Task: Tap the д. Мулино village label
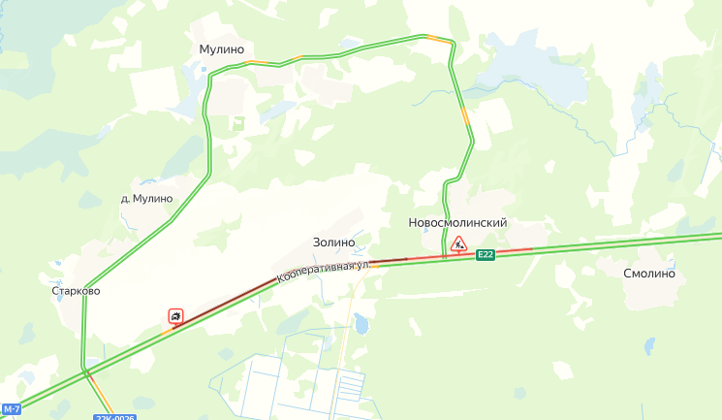pos(146,199)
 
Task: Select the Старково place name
pos(76,290)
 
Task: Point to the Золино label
pos(333,242)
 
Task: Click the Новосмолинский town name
pos(458,223)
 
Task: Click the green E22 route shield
pos(486,255)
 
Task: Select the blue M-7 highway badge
pos(11,409)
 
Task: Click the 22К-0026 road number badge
pos(115,417)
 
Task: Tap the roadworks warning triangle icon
pos(458,242)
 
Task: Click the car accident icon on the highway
pos(175,315)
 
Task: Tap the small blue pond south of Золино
pos(361,320)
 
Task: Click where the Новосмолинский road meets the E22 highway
pos(445,259)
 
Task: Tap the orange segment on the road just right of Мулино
pos(257,63)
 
